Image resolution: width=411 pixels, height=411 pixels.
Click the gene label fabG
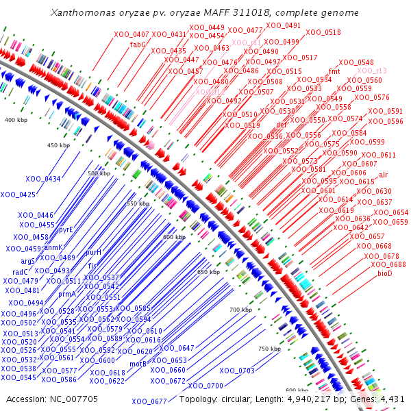(x=138, y=45)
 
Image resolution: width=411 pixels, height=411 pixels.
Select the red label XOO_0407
(x=132, y=34)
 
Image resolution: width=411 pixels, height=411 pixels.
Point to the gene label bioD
(x=385, y=274)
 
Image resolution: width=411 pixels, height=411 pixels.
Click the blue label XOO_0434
(x=43, y=179)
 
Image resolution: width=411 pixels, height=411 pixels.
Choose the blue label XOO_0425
(x=18, y=195)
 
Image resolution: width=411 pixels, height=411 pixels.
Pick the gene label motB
(x=138, y=364)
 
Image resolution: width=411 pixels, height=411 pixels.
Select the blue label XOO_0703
(x=237, y=371)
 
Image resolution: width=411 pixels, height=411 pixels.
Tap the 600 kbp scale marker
(x=174, y=237)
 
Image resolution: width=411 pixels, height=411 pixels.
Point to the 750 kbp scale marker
(x=270, y=349)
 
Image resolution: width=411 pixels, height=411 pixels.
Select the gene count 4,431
(x=393, y=399)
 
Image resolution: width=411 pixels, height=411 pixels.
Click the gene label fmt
(x=335, y=71)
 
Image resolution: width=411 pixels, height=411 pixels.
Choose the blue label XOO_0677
(x=149, y=401)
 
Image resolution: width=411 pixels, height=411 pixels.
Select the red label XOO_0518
(x=323, y=32)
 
